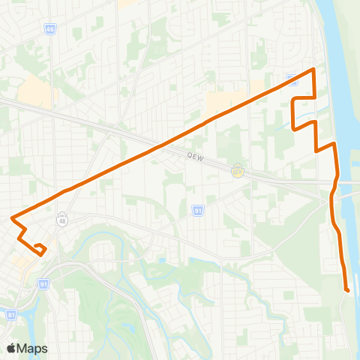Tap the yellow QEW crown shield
[x=238, y=170]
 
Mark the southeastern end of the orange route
[x=347, y=289]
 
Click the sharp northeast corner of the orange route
[x=313, y=70]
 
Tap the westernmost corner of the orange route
[x=12, y=218]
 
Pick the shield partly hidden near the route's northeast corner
[x=292, y=79]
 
